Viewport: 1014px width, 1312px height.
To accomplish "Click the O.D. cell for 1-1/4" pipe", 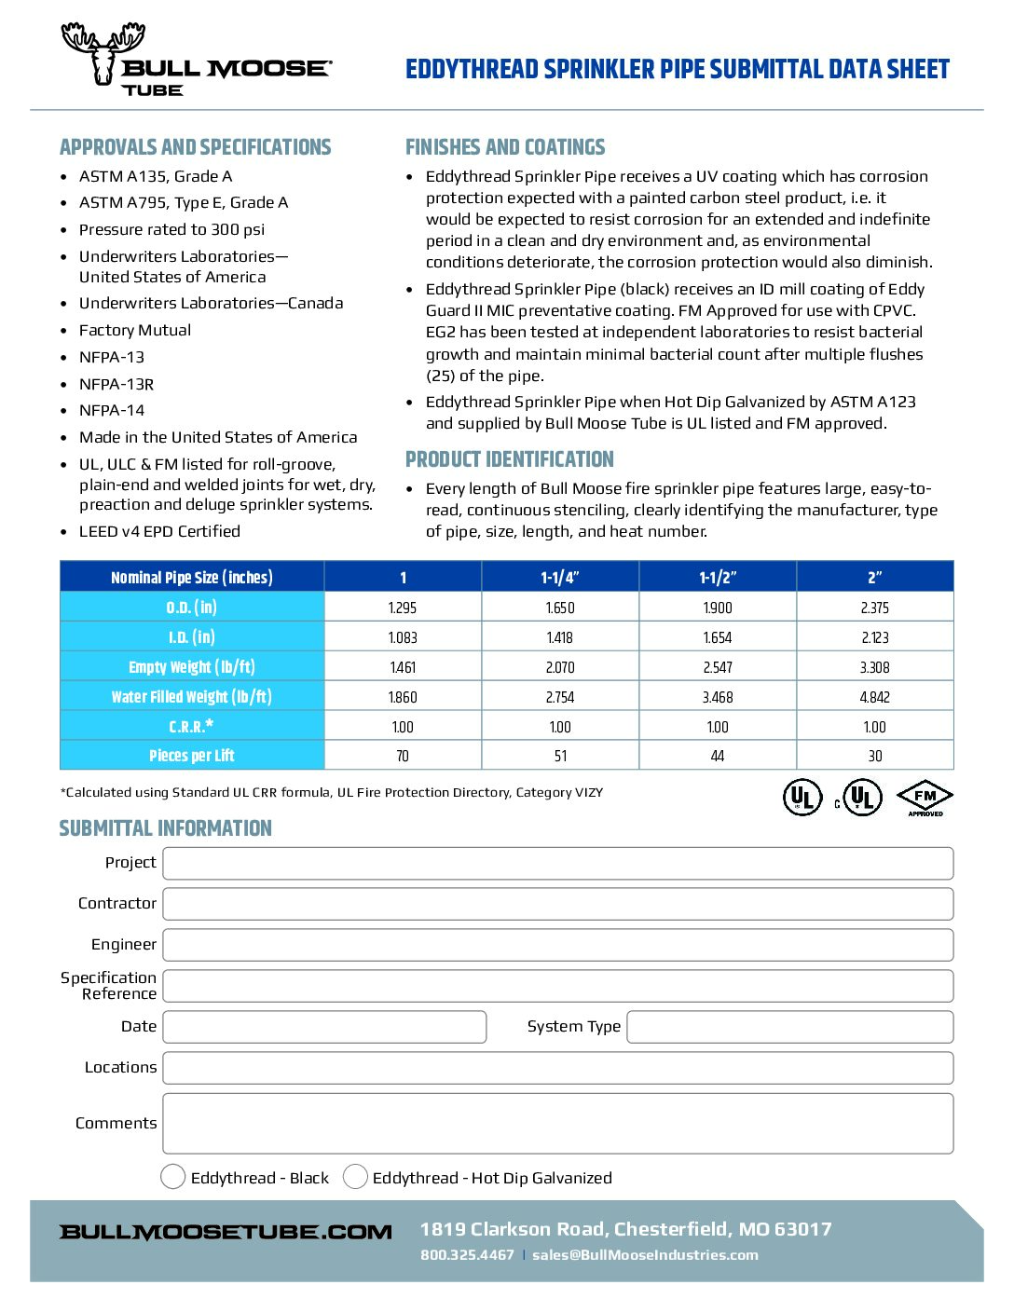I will (560, 608).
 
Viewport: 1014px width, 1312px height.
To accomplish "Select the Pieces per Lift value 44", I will (718, 756).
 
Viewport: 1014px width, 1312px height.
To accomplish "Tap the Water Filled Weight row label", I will (192, 697).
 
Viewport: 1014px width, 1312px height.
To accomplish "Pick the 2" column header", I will (874, 578).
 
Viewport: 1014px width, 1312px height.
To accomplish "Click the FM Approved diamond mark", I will (925, 798).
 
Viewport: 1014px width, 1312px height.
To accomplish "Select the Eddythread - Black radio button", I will (173, 1177).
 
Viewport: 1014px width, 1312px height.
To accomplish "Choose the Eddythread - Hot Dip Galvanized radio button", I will (355, 1177).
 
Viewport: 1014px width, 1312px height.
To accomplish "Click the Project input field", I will (557, 863).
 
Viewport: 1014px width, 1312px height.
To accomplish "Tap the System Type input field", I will (789, 1027).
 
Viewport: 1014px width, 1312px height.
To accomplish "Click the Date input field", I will (324, 1027).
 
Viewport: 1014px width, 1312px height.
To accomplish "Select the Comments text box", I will (557, 1124).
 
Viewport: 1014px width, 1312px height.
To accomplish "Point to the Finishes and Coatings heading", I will (505, 147).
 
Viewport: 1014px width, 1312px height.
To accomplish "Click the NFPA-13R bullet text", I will (116, 384).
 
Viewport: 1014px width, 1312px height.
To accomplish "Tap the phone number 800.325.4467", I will (467, 1255).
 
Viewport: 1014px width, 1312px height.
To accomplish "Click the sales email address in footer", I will (645, 1255).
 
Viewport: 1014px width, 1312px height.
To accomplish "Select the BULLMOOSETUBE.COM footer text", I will (226, 1232).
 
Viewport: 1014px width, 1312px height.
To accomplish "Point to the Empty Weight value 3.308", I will (874, 667).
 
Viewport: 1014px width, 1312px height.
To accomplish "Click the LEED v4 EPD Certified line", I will (159, 531).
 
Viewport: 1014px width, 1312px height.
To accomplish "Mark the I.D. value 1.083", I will (403, 637).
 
